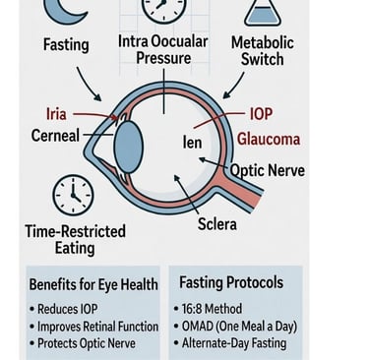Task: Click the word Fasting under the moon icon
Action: pyautogui.click(x=66, y=45)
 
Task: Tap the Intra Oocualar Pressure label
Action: pyautogui.click(x=163, y=50)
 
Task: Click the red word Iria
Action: pyautogui.click(x=57, y=114)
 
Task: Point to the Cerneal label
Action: pyautogui.click(x=55, y=136)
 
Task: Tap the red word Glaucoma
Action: pyautogui.click(x=269, y=139)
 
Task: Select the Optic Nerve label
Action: pyautogui.click(x=269, y=170)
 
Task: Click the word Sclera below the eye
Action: pyautogui.click(x=217, y=223)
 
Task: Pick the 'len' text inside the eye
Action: pyautogui.click(x=192, y=143)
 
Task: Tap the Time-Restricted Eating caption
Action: pyautogui.click(x=75, y=240)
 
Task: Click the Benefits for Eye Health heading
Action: pyautogui.click(x=93, y=284)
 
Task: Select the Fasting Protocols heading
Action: pyautogui.click(x=231, y=282)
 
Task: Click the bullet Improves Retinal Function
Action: pyautogui.click(x=94, y=327)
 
